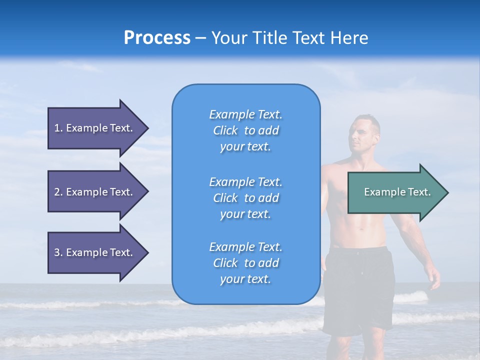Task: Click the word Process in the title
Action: point(157,38)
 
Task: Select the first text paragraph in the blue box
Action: point(245,130)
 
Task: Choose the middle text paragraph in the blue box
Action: point(245,198)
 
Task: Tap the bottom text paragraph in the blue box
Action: point(245,263)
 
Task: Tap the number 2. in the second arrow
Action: point(58,192)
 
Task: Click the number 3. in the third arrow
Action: point(58,252)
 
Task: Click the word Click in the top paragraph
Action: point(225,131)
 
